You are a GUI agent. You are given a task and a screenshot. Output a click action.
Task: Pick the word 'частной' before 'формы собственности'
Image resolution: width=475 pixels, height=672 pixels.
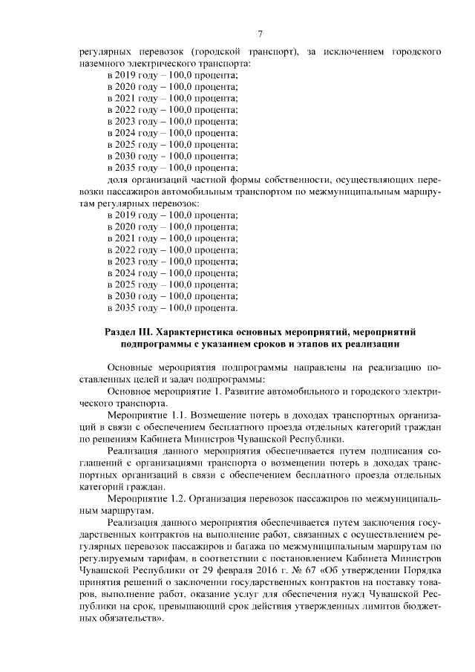coord(223,179)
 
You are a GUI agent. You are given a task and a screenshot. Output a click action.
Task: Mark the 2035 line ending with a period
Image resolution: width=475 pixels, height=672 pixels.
coord(172,307)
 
